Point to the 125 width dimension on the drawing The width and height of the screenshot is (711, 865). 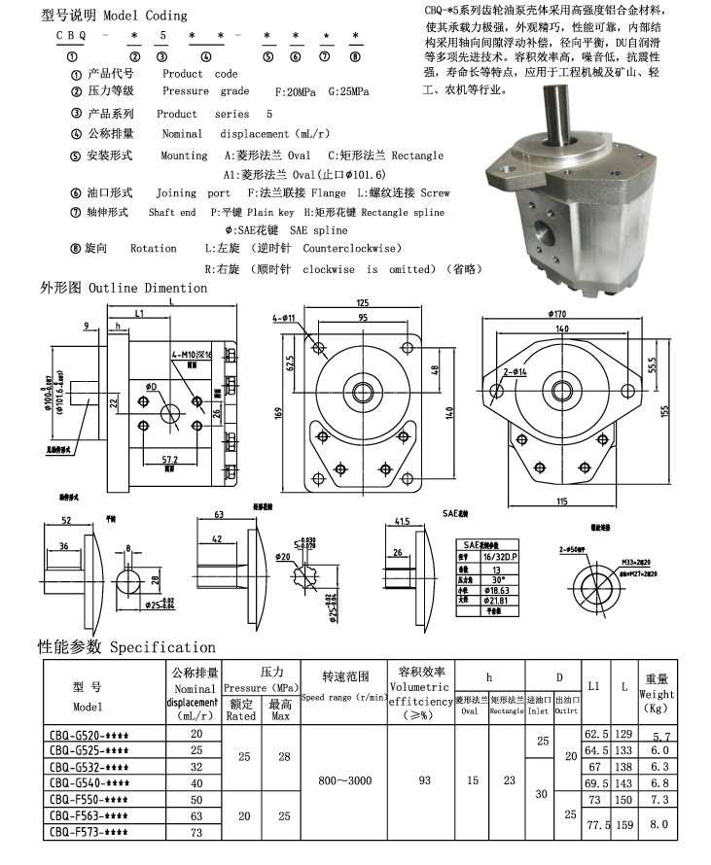pyautogui.click(x=362, y=301)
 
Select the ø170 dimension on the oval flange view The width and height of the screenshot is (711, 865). pyautogui.click(x=557, y=313)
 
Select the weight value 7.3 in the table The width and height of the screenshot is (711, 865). pyautogui.click(x=657, y=799)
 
